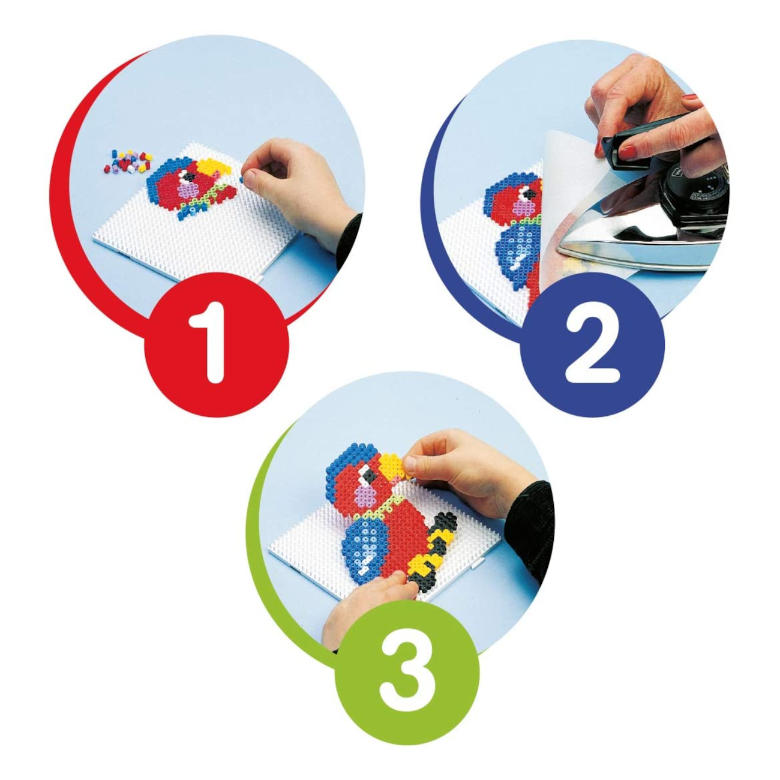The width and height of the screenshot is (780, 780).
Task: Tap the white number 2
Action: click(x=592, y=347)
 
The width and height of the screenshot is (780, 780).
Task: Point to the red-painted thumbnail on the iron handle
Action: click(x=628, y=152)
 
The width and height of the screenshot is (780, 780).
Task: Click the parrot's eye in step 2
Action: click(x=529, y=194)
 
